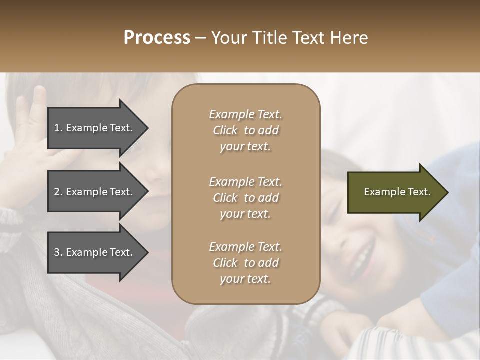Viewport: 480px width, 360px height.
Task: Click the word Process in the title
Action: coord(157,38)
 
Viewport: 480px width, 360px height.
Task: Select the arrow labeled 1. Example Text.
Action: coord(95,128)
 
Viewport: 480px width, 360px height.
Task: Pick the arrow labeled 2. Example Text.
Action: coord(95,192)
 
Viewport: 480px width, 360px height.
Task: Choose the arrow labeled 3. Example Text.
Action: coord(95,252)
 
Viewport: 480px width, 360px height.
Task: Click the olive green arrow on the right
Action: coord(395,192)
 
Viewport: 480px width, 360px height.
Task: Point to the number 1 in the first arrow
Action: coord(57,128)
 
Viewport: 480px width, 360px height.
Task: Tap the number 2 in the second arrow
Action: coord(57,192)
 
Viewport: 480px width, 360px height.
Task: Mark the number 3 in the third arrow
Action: coord(57,252)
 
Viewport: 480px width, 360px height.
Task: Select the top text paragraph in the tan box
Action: coord(245,130)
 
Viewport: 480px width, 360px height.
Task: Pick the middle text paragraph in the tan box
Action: coord(245,198)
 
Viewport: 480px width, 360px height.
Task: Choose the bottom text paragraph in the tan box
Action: coord(245,263)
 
